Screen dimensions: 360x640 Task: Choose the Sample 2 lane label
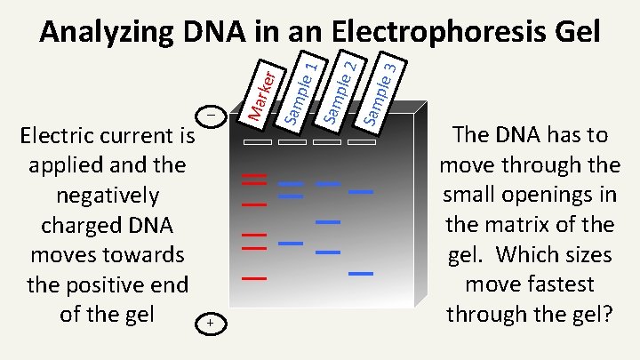pyautogui.click(x=338, y=88)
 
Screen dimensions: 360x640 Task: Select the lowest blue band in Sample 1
pyautogui.click(x=291, y=243)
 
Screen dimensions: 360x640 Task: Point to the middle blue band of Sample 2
pyautogui.click(x=328, y=221)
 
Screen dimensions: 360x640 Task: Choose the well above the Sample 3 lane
pyautogui.click(x=362, y=142)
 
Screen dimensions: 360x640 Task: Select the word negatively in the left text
pyautogui.click(x=107, y=196)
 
